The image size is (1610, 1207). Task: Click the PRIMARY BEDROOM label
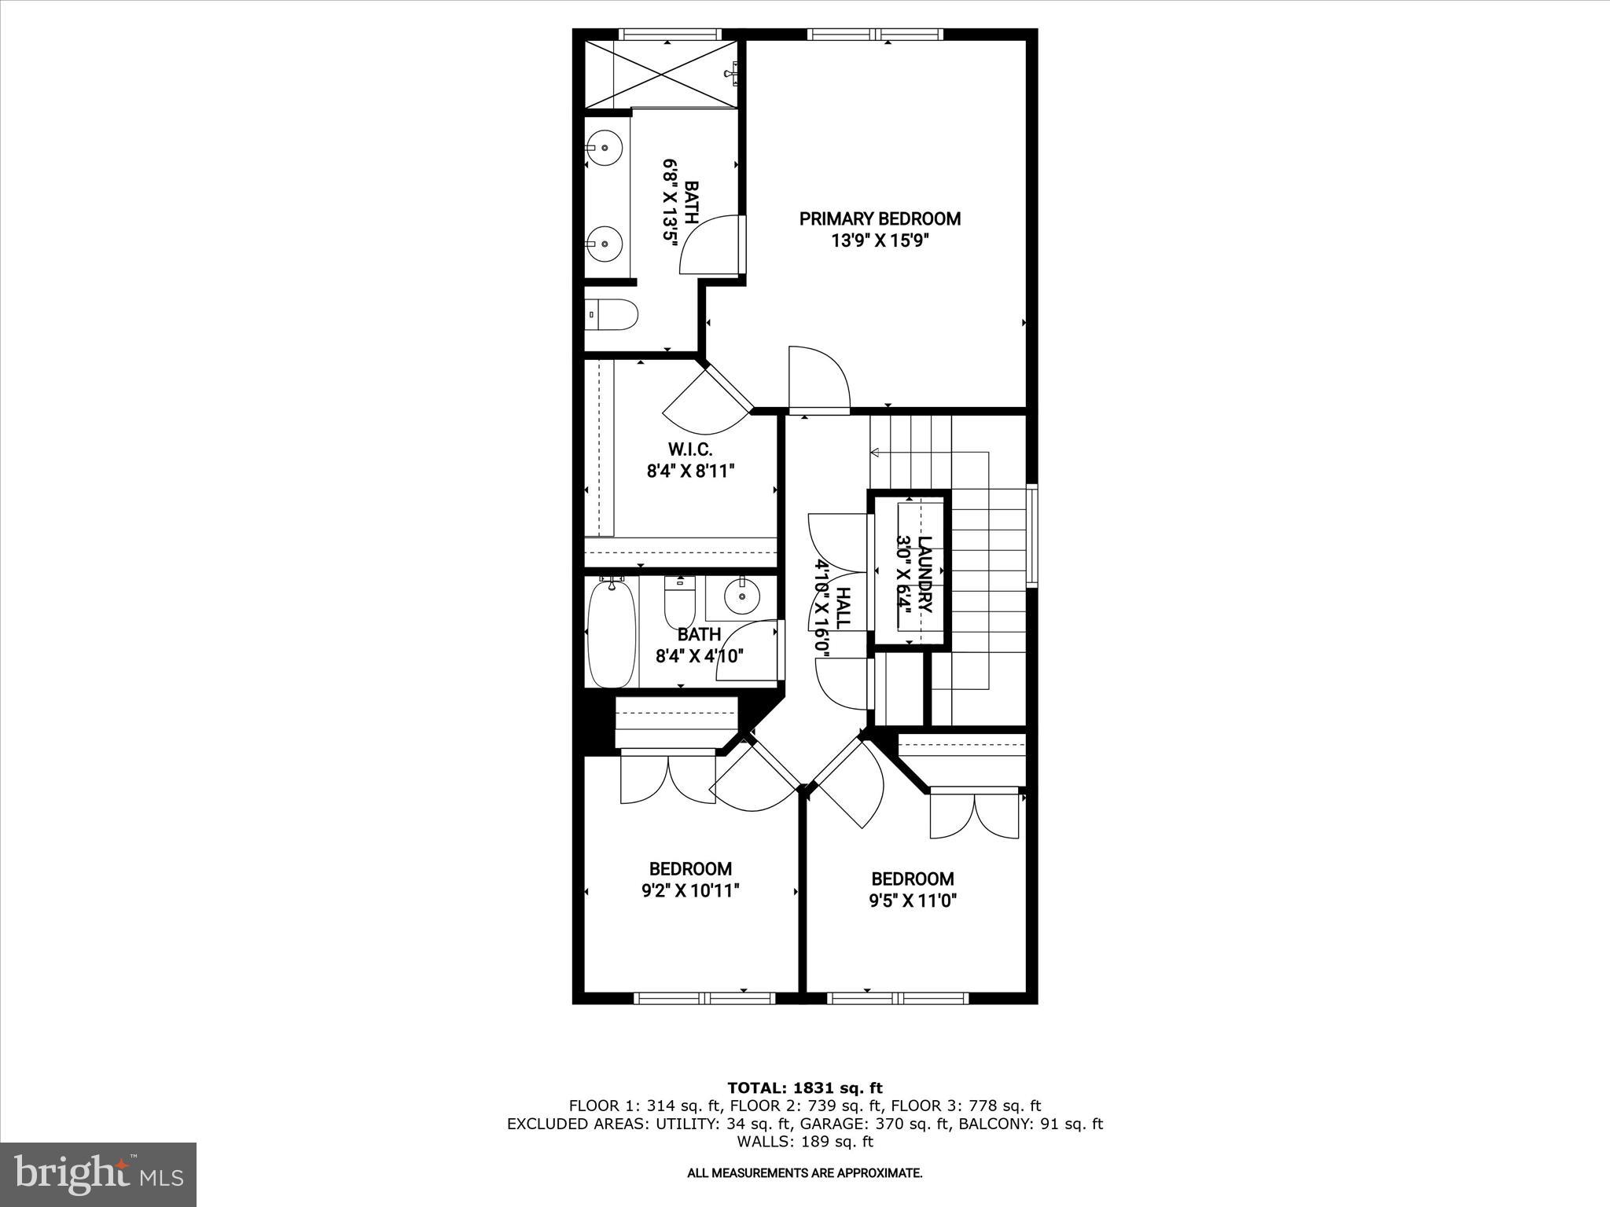[880, 218]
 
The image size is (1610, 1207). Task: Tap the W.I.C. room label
[689, 449]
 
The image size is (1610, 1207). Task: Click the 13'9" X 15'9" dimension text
[880, 240]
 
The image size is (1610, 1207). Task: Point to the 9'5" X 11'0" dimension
[912, 901]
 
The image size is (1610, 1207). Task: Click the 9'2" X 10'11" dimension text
[690, 890]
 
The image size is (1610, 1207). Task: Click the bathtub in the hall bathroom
[612, 633]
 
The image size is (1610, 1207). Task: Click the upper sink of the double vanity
[605, 148]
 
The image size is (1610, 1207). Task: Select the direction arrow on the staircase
[875, 452]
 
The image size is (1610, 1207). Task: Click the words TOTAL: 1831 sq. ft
[804, 1088]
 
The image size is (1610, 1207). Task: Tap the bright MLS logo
[98, 1175]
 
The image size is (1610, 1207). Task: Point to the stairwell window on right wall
[1033, 534]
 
